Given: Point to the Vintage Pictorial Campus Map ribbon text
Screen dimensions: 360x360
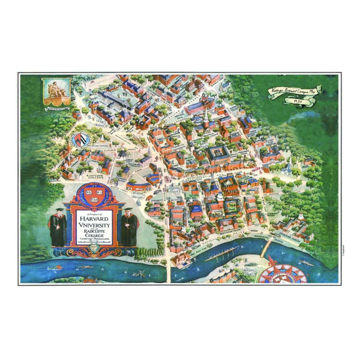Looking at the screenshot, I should [x=294, y=89].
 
